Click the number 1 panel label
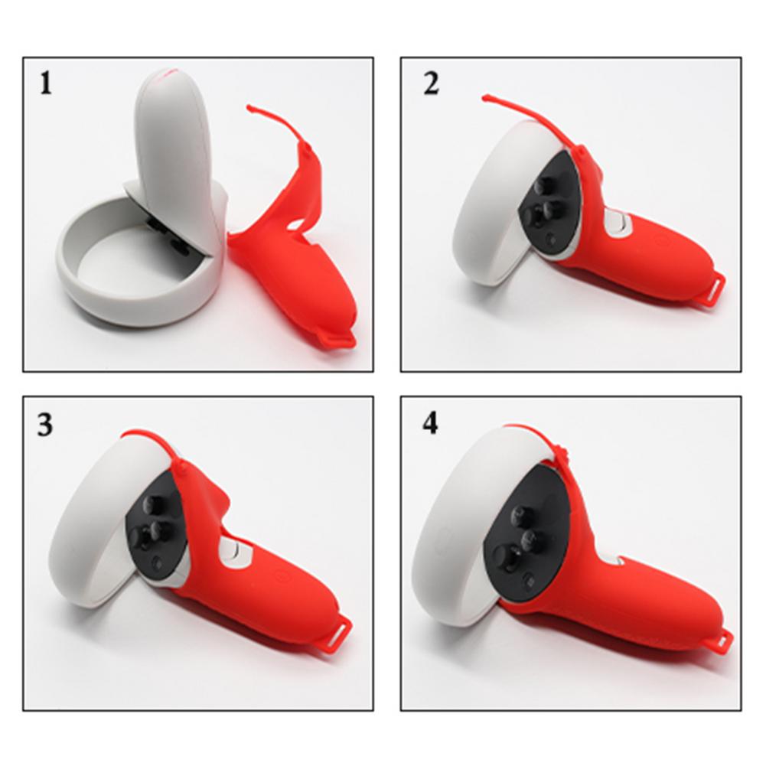click(47, 83)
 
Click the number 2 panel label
click(432, 83)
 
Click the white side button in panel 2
click(617, 224)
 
